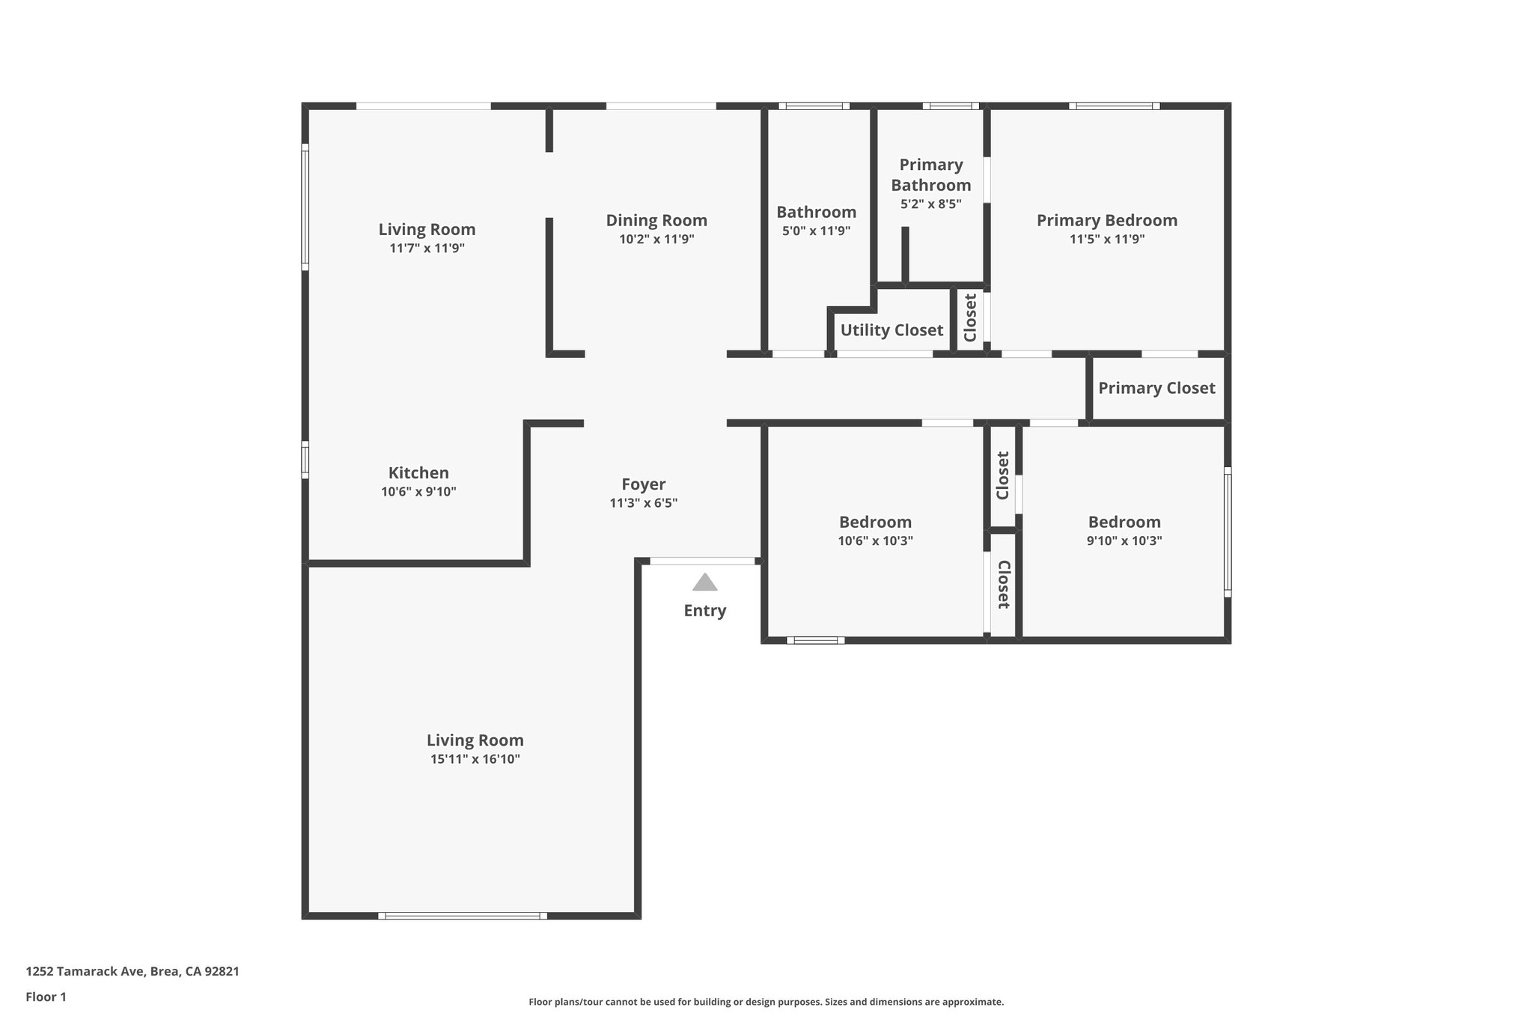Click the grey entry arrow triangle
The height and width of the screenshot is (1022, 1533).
(x=704, y=583)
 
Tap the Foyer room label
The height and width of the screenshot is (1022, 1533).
(x=643, y=484)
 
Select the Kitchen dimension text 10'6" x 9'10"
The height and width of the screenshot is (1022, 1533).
(x=418, y=492)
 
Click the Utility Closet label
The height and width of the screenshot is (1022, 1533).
(x=891, y=330)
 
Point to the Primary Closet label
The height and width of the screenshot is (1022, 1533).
(x=1156, y=388)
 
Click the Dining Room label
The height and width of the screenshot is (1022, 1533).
(x=656, y=220)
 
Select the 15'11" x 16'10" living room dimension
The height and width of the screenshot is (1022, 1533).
(x=475, y=759)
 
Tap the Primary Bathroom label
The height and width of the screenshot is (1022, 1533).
(x=930, y=174)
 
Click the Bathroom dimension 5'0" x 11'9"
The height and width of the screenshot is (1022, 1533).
(x=816, y=231)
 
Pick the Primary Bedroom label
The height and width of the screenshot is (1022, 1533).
(x=1106, y=220)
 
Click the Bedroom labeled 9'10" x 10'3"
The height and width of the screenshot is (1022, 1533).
(x=1124, y=522)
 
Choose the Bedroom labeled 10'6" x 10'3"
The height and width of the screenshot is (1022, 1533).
(x=874, y=522)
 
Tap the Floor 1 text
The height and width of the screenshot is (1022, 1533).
(x=46, y=997)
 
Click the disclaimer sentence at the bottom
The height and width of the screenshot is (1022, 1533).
(x=766, y=1002)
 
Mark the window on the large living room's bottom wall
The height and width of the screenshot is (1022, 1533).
(x=462, y=915)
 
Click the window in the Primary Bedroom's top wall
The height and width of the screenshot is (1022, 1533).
(x=1114, y=106)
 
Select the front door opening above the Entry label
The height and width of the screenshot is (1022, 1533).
(x=702, y=561)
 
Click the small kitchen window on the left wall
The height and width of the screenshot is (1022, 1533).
(x=305, y=460)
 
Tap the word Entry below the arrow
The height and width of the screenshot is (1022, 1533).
(x=704, y=610)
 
